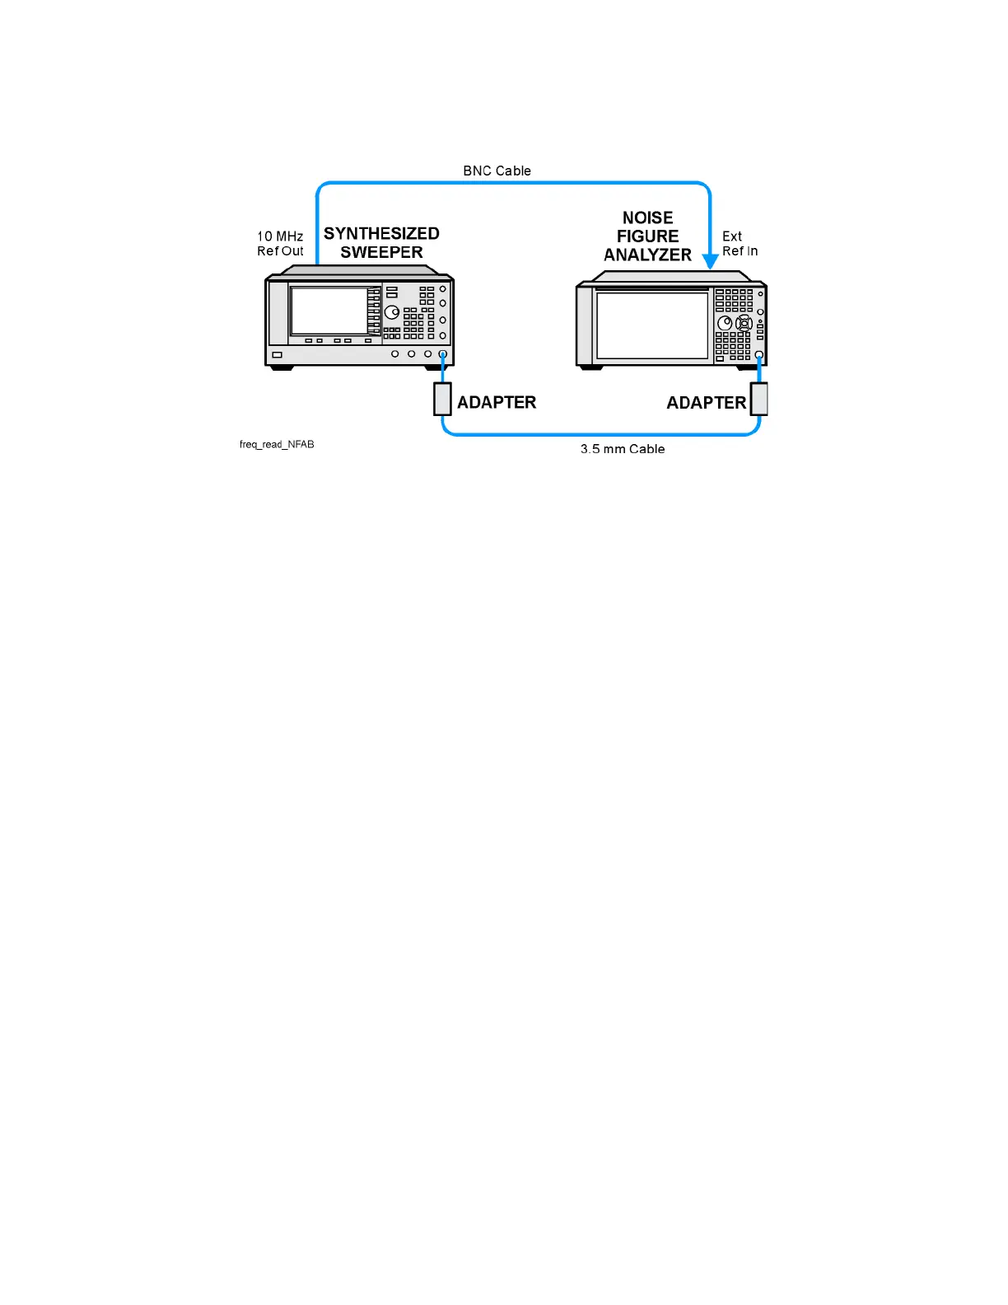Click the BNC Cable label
(497, 171)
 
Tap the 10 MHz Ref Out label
(280, 244)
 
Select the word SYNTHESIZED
(381, 234)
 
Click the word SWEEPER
(381, 253)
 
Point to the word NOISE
(647, 218)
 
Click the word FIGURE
(647, 236)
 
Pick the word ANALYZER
(647, 255)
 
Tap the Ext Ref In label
(740, 244)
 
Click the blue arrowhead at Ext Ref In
(710, 261)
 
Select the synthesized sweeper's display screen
(329, 311)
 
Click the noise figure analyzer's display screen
(652, 325)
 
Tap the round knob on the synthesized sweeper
(392, 312)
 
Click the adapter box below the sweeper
(443, 399)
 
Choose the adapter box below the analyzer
(759, 399)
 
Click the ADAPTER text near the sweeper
(497, 403)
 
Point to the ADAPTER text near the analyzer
(706, 403)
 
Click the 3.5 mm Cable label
(623, 449)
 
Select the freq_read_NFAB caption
(277, 445)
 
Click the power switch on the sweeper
(278, 355)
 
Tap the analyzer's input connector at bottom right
(759, 355)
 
